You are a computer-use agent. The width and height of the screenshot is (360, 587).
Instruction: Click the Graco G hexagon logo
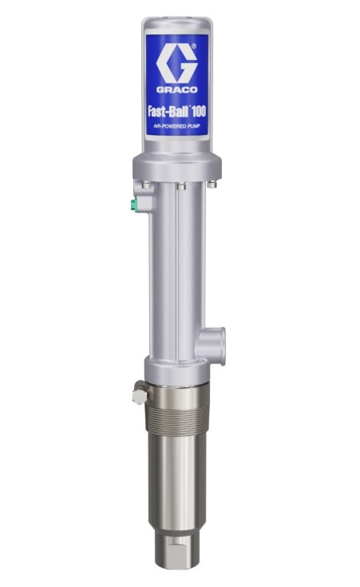[x=176, y=65]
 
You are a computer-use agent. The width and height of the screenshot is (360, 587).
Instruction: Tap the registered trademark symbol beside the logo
[x=193, y=46]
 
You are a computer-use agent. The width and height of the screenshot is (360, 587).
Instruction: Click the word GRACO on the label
[x=176, y=89]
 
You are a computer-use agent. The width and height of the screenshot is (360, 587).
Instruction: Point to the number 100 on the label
[x=198, y=112]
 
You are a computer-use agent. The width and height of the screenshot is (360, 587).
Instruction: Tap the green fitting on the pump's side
[x=133, y=204]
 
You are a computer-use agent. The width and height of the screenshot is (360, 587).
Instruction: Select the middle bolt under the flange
[x=181, y=184]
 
